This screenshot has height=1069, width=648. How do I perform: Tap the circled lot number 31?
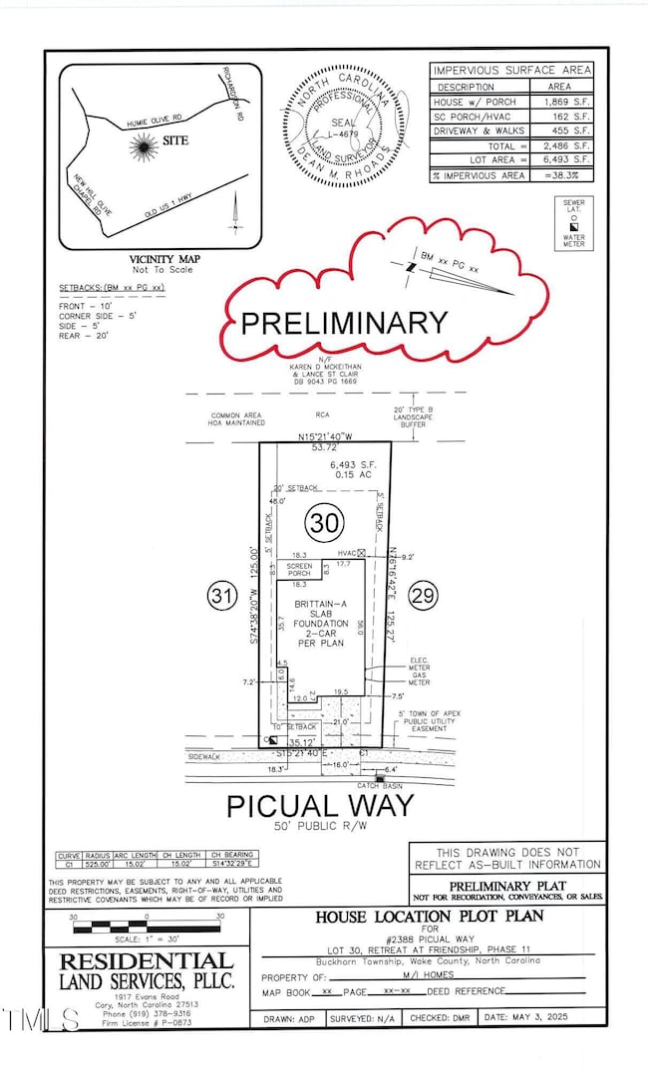[x=220, y=596]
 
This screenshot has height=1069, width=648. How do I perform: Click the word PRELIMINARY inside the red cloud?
[x=345, y=323]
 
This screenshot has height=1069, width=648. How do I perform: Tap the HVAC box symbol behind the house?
[x=362, y=552]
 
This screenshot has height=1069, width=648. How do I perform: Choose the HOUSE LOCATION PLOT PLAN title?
[x=431, y=916]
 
